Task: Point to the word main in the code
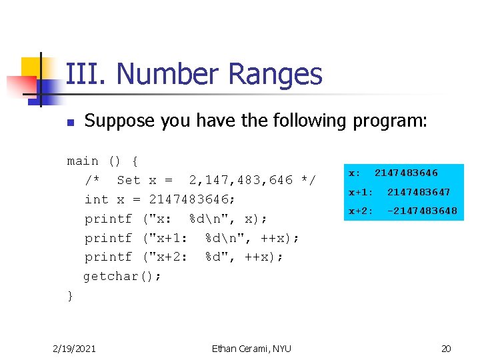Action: coord(83,161)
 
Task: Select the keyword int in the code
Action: coord(97,199)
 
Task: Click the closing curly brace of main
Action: coord(71,295)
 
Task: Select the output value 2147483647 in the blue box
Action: coord(419,192)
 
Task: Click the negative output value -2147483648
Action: coord(422,211)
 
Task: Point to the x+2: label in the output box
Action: coord(361,211)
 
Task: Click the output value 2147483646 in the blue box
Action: coord(406,173)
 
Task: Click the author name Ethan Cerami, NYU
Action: coord(251,348)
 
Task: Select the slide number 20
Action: coord(446,348)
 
